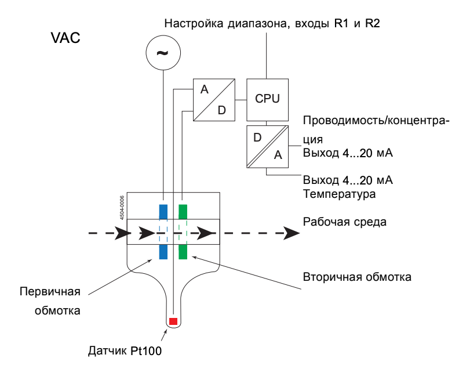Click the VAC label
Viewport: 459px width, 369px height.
(65, 39)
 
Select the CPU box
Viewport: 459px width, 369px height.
(267, 98)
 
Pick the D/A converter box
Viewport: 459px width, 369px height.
(267, 147)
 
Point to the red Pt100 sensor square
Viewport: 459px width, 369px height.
(173, 321)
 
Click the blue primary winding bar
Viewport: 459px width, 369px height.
(163, 231)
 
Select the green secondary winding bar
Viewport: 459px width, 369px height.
(183, 231)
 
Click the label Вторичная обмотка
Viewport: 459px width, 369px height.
(357, 277)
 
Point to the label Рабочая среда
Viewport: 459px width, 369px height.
(344, 222)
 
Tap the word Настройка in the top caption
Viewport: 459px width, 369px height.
(191, 24)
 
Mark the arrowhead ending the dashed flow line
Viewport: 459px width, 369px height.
(291, 233)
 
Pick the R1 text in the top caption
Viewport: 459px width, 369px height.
(342, 24)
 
